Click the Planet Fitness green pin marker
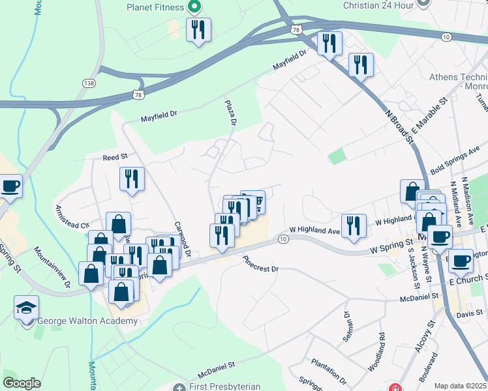[x=194, y=8]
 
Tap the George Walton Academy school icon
[x=27, y=308]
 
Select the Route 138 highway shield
[x=89, y=83]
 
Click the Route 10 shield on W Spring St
[x=282, y=239]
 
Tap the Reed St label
[x=115, y=157]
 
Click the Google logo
[x=22, y=383]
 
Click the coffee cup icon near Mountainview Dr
[x=10, y=186]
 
